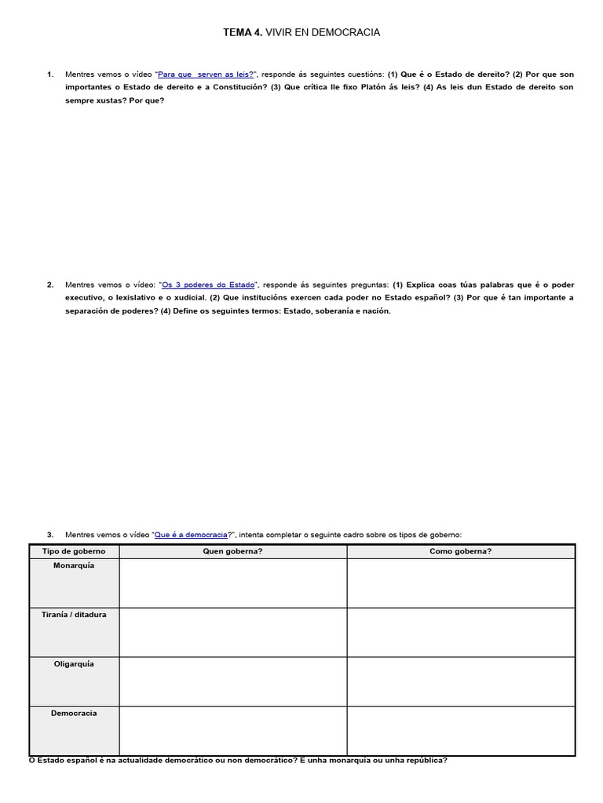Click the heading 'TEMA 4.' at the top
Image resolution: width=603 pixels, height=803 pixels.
coord(243,32)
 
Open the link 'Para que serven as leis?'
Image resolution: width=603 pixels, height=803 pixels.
coord(206,74)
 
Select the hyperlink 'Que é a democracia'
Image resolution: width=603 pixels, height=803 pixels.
coord(191,534)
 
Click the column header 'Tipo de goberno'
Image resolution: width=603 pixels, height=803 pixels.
coord(74,551)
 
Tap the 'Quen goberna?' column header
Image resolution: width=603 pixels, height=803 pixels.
coord(232,551)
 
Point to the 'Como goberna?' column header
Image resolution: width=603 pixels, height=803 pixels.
coord(461,551)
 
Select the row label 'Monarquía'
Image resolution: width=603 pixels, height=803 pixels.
coord(74,565)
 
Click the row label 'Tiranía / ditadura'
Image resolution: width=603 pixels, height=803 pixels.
coord(74,615)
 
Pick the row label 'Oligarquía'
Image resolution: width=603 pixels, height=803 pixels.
coord(74,663)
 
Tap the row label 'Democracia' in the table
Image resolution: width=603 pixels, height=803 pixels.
coord(74,713)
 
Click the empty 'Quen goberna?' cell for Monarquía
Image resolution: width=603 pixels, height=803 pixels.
coord(232,583)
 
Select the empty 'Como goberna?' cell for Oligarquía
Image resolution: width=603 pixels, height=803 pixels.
coord(461,681)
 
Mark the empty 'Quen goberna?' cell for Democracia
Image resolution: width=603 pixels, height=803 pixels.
coord(232,730)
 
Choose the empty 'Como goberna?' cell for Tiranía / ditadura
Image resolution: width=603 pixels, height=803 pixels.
coord(461,631)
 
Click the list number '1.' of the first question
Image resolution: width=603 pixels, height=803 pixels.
coord(50,74)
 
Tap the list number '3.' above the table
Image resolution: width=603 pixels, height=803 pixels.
coord(50,534)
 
